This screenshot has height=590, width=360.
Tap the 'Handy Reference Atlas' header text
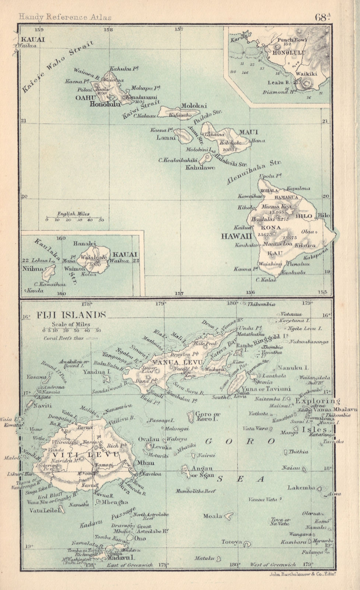tap(61, 17)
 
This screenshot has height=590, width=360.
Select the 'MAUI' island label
tap(243, 132)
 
